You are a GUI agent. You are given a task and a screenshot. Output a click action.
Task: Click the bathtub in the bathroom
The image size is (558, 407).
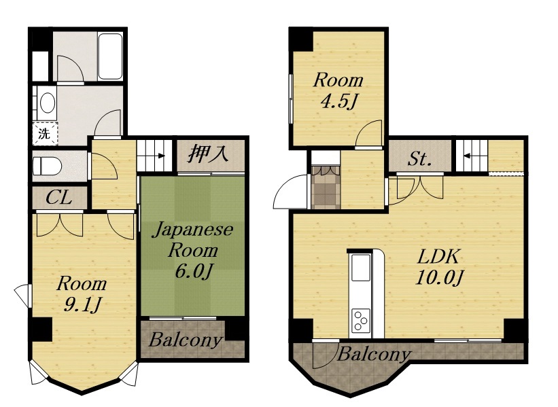tap(110, 56)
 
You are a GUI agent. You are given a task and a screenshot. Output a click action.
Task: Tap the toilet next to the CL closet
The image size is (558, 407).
tap(48, 166)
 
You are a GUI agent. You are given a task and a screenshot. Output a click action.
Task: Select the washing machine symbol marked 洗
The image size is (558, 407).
tap(45, 134)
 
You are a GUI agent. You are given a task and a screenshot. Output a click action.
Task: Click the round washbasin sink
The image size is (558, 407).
tap(48, 103)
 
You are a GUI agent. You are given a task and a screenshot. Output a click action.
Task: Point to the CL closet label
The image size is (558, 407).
tap(59, 198)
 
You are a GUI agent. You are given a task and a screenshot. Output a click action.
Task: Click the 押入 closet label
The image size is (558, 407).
tap(208, 154)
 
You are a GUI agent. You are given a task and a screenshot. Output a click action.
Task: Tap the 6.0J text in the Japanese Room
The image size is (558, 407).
tap(194, 272)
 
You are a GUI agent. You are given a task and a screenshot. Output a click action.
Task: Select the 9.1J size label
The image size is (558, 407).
tap(82, 304)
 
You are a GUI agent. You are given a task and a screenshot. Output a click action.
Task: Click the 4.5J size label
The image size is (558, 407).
tap(338, 101)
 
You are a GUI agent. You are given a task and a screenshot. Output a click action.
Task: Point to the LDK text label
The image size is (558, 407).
tap(439, 256)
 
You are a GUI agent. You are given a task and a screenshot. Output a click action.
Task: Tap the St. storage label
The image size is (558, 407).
tap(419, 159)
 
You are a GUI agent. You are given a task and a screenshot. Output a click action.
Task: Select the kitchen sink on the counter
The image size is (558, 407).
tap(360, 268)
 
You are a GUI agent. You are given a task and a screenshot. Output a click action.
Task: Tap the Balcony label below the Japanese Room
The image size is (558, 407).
tap(185, 340)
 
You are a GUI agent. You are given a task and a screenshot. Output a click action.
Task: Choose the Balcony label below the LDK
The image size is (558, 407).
tap(373, 355)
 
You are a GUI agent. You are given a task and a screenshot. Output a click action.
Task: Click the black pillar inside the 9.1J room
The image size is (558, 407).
tap(41, 330)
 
